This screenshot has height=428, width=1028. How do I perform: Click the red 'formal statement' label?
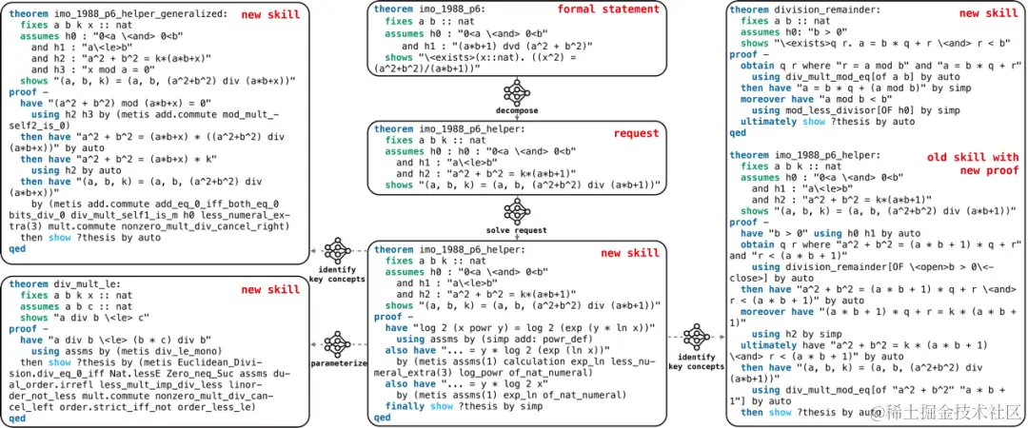click(x=621, y=10)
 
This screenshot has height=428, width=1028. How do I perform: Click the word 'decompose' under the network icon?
click(x=517, y=110)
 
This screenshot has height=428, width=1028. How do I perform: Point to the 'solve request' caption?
click(x=517, y=231)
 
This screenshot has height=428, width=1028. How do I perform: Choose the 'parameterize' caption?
click(x=338, y=362)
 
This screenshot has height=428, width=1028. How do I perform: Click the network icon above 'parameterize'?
click(x=338, y=343)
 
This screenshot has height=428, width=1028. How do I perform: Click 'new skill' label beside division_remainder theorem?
click(x=987, y=13)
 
